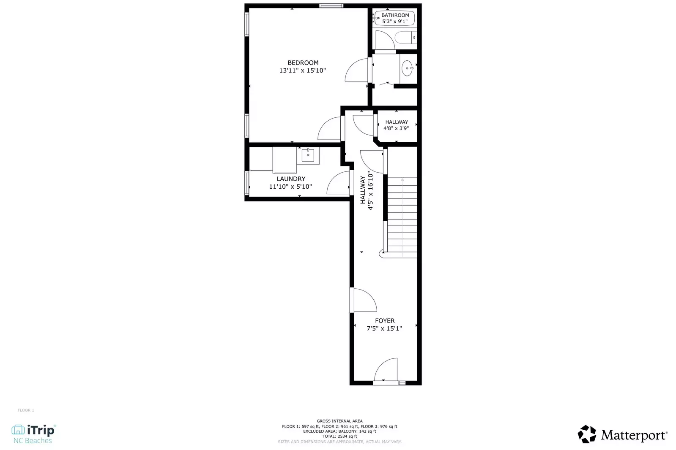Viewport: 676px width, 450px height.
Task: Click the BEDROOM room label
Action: [x=303, y=62]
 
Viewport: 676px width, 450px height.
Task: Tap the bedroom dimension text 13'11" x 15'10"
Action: [x=302, y=70]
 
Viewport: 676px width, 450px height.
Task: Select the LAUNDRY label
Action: [x=291, y=179]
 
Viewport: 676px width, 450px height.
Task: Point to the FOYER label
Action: [x=385, y=321]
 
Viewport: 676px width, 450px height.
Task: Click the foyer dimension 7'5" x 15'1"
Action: [x=384, y=328]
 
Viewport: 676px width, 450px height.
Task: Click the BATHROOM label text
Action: [x=395, y=15]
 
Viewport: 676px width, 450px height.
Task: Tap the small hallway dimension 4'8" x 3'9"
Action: [x=396, y=128]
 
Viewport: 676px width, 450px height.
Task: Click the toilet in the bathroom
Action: [x=407, y=38]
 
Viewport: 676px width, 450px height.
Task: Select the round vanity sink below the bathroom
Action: [x=407, y=68]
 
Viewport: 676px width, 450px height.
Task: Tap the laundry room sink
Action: [x=308, y=155]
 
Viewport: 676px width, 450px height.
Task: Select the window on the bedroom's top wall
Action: [x=331, y=5]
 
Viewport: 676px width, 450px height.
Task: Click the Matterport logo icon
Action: [x=587, y=434]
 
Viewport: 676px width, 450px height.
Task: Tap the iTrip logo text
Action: [x=41, y=430]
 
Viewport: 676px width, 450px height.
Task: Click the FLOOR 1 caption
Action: [x=26, y=410]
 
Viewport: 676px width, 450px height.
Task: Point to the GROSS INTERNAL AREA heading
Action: [x=339, y=421]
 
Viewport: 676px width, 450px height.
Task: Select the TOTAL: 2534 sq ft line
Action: [x=339, y=436]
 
